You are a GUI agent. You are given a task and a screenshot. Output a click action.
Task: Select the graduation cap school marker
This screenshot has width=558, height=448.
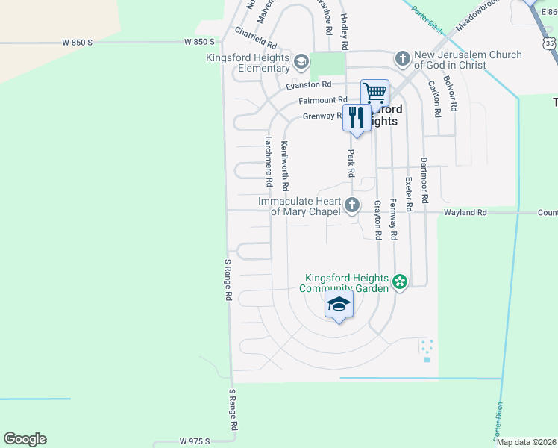point(339,305)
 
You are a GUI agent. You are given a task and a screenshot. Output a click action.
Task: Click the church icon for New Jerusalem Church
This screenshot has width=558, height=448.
point(403,58)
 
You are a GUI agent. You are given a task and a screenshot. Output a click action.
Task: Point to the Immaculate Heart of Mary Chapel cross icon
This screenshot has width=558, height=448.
point(351,205)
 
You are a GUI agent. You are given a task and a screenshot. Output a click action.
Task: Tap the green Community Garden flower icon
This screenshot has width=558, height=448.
point(400,281)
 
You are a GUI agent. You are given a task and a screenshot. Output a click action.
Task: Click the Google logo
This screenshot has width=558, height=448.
point(25,439)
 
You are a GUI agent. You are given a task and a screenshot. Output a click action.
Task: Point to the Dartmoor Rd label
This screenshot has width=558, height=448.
point(424,181)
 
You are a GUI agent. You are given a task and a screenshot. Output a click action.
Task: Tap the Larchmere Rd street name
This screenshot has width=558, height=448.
point(269,161)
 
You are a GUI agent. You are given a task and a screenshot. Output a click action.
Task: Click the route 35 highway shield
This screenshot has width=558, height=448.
point(550,44)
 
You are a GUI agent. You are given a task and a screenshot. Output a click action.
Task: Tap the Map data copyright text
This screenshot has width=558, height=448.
point(527,442)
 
